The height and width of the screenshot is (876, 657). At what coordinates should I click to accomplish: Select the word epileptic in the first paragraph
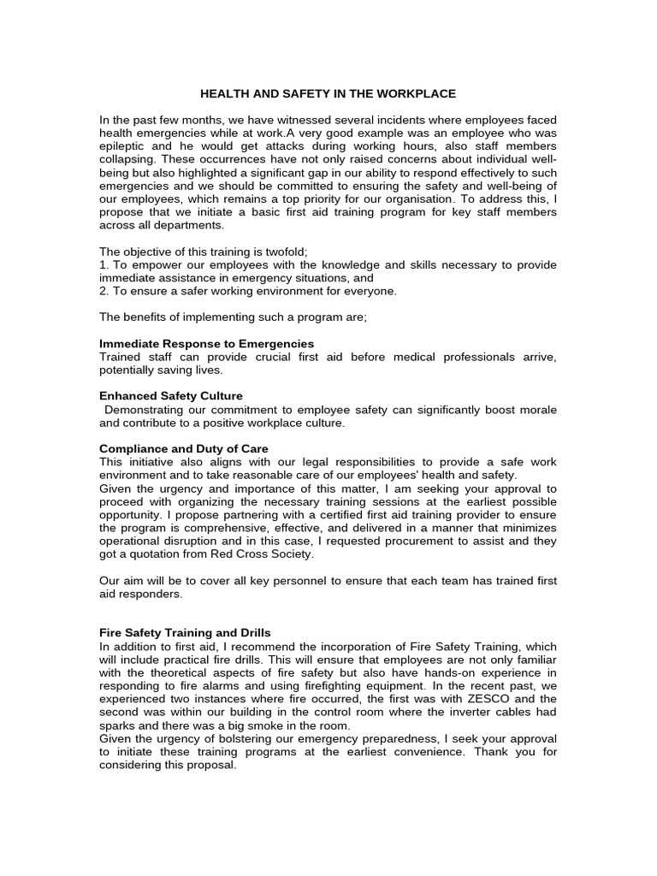click(x=125, y=146)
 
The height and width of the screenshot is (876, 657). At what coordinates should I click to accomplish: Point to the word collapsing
click(x=128, y=159)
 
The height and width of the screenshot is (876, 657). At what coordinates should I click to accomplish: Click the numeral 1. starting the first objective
click(x=104, y=265)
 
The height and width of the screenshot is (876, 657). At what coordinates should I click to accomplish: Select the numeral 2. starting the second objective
click(x=104, y=291)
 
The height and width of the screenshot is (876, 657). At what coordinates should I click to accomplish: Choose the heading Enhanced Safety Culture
click(x=171, y=396)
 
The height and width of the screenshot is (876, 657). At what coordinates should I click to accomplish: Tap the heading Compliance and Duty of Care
click(x=184, y=448)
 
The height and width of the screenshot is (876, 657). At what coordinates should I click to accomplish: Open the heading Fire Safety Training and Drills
click(x=185, y=632)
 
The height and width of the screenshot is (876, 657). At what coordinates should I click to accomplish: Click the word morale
click(x=537, y=410)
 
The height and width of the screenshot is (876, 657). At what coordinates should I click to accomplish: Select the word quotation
click(x=149, y=553)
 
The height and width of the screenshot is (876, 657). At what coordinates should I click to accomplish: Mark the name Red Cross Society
click(x=265, y=553)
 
